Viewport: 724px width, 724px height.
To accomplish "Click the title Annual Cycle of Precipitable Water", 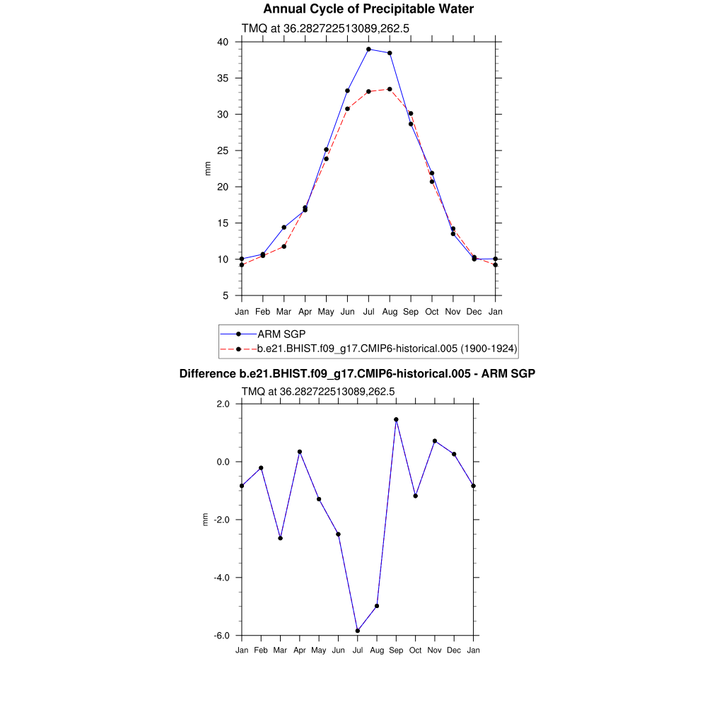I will click(x=368, y=9).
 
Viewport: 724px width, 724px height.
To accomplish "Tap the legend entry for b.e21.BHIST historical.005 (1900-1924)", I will click(x=387, y=349).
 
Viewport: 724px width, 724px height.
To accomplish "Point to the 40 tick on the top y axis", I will click(x=223, y=42).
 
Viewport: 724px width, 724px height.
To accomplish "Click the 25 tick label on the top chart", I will click(x=223, y=151).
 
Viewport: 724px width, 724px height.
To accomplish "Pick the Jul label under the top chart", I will click(x=368, y=312).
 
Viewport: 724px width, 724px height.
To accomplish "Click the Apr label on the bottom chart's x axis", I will click(x=300, y=650).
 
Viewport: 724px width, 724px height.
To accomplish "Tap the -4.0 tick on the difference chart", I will click(x=223, y=578).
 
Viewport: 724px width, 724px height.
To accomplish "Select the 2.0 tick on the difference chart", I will click(x=224, y=404).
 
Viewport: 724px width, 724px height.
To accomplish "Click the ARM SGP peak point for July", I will click(x=368, y=49).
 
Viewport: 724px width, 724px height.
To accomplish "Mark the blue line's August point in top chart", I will click(x=390, y=53).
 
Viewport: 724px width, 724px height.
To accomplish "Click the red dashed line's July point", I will click(x=368, y=92).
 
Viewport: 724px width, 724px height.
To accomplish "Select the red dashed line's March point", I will click(x=284, y=246).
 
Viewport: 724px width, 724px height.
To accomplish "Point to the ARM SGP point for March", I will click(x=284, y=227).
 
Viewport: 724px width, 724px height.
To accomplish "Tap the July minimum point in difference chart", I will click(x=358, y=631).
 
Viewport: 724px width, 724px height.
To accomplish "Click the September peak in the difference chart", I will click(x=396, y=419).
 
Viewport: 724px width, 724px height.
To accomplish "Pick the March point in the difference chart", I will click(x=281, y=538).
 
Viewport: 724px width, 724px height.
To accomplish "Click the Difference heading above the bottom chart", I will click(x=357, y=373).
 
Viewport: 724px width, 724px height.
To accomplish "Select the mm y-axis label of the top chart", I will click(x=208, y=168).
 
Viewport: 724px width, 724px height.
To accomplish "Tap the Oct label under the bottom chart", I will click(x=416, y=650).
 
